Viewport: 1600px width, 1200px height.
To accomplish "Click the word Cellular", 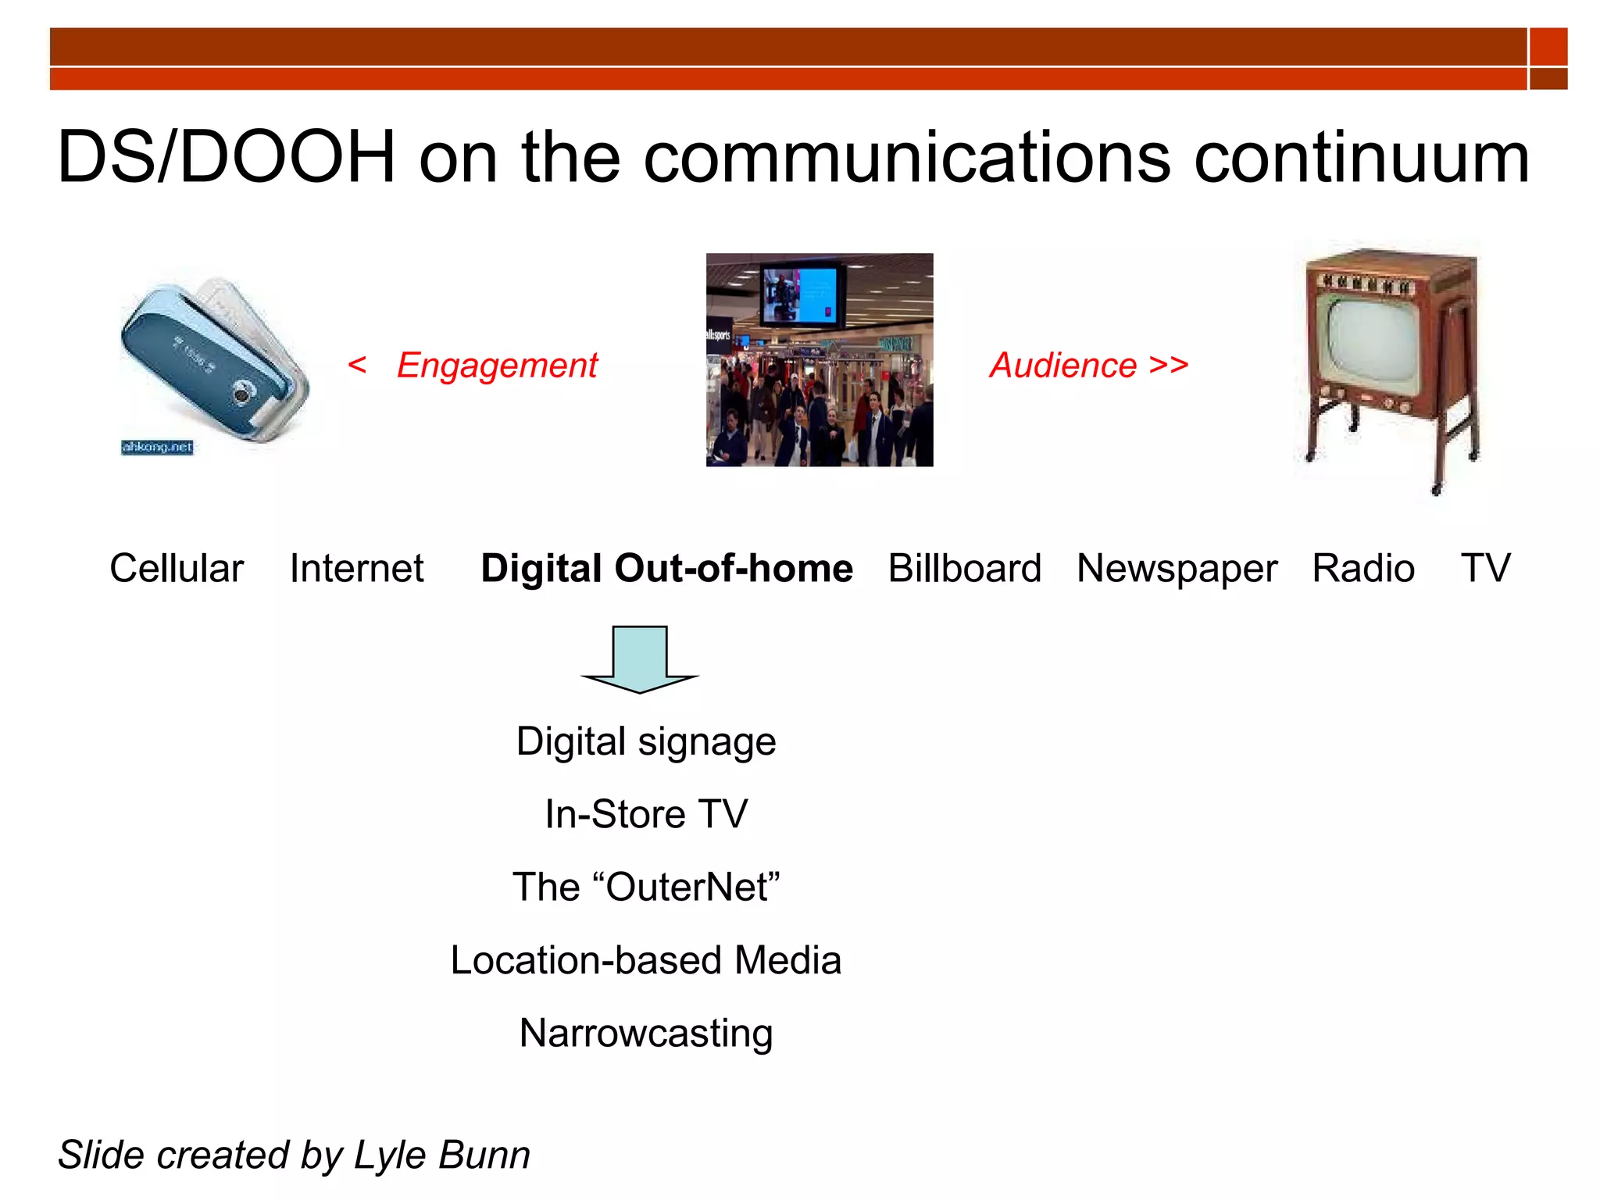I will (177, 568).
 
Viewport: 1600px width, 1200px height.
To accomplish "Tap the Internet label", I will (356, 568).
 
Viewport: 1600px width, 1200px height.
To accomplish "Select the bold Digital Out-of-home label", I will (666, 568).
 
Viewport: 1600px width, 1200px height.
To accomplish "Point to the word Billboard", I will (965, 568).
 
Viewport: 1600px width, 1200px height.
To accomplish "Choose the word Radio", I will (1363, 568).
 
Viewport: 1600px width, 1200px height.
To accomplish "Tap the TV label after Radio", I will (1485, 568).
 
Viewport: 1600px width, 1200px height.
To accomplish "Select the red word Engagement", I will (497, 366).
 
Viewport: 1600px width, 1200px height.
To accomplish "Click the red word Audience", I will (1063, 366).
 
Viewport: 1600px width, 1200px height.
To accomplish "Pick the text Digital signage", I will (646, 742).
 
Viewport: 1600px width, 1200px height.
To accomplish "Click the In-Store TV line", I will (646, 814).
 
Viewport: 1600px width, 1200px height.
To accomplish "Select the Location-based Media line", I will (646, 960).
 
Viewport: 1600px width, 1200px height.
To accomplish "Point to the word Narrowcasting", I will (646, 1034).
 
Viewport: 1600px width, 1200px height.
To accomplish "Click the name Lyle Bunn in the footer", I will (441, 1155).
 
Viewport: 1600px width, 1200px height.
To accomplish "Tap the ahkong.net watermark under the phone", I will (157, 447).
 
